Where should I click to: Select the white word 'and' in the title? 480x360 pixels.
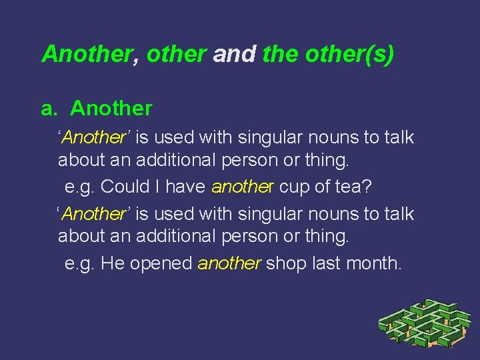coord(234,54)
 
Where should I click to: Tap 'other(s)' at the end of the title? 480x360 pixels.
coord(349,54)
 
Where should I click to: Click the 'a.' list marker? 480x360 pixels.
coord(50,107)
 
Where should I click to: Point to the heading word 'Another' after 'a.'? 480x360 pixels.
coord(111,107)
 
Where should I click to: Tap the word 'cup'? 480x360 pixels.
coord(293,187)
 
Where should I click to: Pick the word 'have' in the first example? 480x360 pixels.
coord(185,187)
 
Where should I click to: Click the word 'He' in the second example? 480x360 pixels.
coord(113,263)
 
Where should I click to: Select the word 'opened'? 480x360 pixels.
coord(161,263)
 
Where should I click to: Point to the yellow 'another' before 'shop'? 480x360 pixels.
coord(229,263)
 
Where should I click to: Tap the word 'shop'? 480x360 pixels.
coord(287,263)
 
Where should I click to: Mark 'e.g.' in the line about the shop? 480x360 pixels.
coord(80,264)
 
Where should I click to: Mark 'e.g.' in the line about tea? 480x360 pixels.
coord(80,187)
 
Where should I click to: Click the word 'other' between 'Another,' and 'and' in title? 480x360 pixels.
coord(176,54)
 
